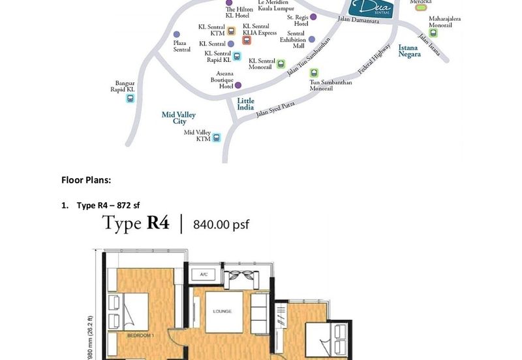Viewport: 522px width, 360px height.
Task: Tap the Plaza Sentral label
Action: [x=181, y=46]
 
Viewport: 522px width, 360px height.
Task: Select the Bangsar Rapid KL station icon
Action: [x=131, y=98]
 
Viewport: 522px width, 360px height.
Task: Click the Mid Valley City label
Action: [x=179, y=118]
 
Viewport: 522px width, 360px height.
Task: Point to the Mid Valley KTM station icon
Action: [x=217, y=137]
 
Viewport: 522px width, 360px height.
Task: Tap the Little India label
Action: [x=245, y=104]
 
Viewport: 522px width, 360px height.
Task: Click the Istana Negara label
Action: [x=410, y=52]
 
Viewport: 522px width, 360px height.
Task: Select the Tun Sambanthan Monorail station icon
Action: [x=315, y=73]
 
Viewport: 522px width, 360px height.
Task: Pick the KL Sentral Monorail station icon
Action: [x=281, y=64]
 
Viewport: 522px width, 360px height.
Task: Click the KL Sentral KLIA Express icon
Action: [x=247, y=40]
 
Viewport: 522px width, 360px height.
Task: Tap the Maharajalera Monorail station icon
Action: [x=433, y=33]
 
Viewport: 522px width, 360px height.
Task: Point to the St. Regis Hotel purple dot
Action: [x=313, y=17]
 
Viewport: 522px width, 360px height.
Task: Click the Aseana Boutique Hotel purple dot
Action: [x=238, y=85]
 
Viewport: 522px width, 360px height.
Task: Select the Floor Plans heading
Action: [x=86, y=180]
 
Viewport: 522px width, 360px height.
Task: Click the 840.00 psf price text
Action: [x=221, y=224]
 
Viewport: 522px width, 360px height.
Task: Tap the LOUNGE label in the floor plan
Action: [x=222, y=311]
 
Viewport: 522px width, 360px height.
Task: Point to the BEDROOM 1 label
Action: [x=140, y=335]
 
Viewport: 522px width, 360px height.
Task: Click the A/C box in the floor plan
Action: [x=204, y=275]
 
